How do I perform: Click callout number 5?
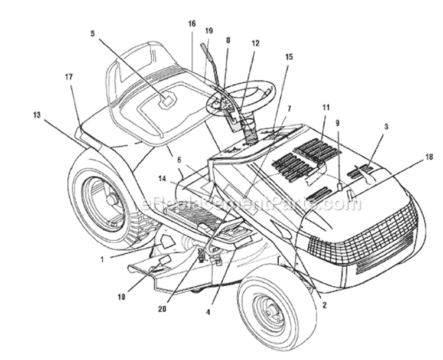(93, 34)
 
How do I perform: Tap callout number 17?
(69, 77)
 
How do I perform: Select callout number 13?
(37, 115)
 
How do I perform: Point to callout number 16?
(192, 24)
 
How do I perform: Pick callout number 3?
(386, 127)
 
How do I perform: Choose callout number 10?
(121, 297)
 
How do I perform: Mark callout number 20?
(162, 309)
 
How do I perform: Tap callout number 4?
(209, 312)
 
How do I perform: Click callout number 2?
(324, 305)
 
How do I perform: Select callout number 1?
(102, 259)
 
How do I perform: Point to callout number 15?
(289, 57)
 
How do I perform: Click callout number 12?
(255, 44)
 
